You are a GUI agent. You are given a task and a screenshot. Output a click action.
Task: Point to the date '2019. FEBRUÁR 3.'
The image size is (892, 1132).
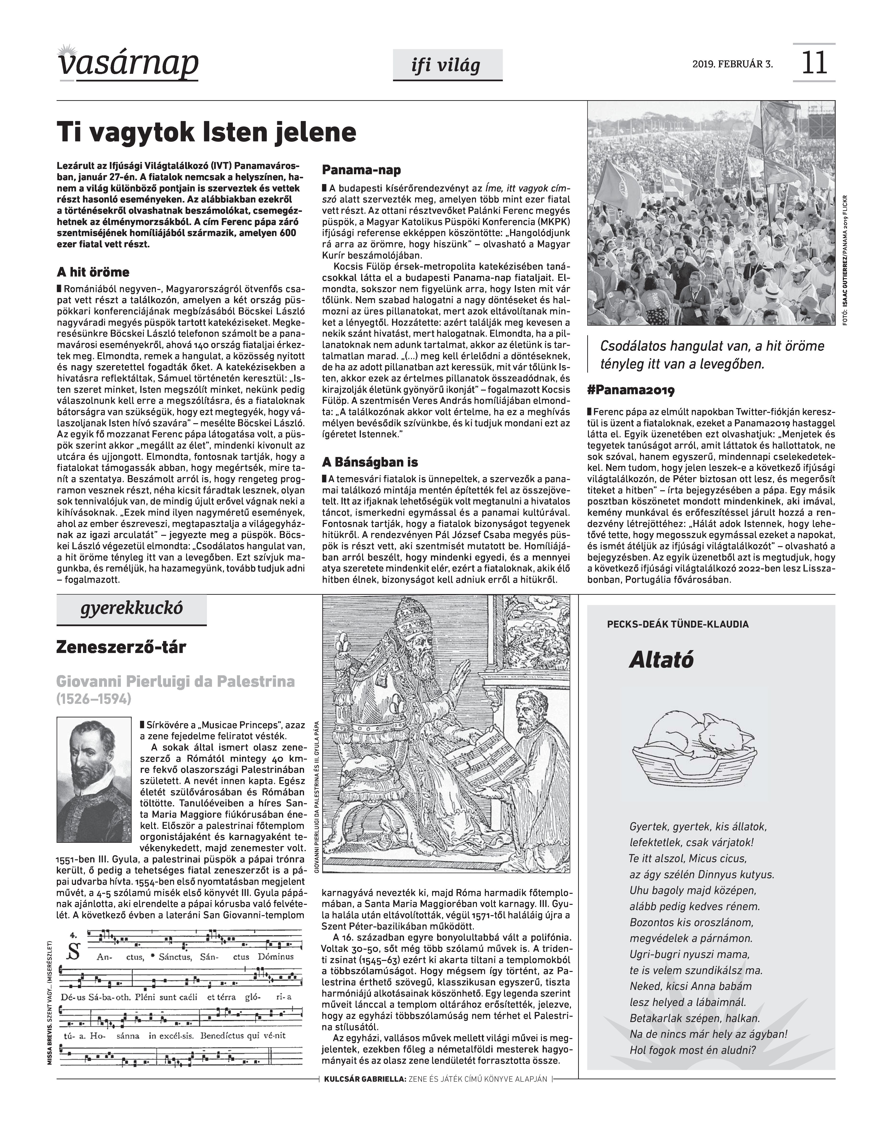point(732,65)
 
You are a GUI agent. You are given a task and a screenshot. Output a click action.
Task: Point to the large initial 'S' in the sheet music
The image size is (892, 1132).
point(74,953)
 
